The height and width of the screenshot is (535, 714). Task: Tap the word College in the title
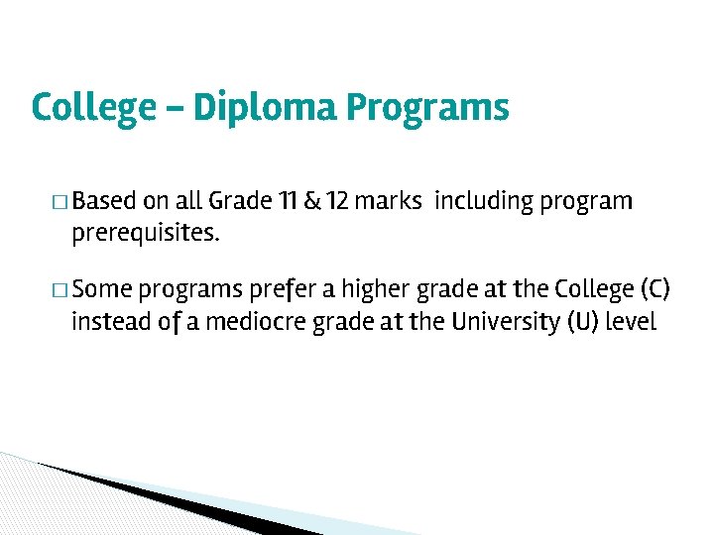click(87, 107)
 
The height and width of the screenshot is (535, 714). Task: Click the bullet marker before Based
click(61, 203)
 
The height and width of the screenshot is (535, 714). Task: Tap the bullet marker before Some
click(61, 290)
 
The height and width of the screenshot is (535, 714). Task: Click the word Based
click(104, 202)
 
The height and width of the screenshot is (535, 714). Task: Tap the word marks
click(389, 202)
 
